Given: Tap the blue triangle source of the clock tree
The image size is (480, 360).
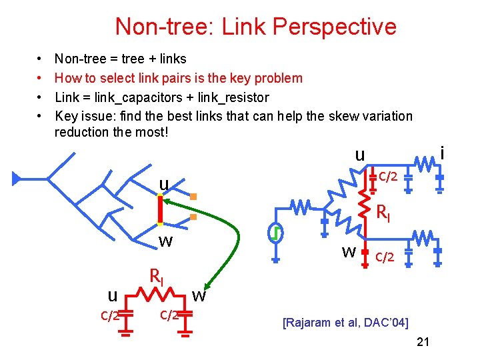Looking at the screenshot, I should click(x=17, y=178).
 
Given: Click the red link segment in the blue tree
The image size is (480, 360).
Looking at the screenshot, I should click(x=161, y=210).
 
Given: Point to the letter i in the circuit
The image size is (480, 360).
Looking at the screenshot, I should click(x=442, y=154).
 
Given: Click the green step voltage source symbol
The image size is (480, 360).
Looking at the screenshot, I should click(x=274, y=234).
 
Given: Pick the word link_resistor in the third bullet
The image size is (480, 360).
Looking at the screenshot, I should click(x=230, y=97).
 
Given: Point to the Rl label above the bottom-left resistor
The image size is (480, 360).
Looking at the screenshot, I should click(x=156, y=275).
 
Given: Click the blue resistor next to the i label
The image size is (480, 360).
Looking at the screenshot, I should click(x=424, y=162).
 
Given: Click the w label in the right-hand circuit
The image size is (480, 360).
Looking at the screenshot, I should click(x=348, y=252).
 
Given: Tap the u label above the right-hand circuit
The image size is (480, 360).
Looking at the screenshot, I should click(x=360, y=155).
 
